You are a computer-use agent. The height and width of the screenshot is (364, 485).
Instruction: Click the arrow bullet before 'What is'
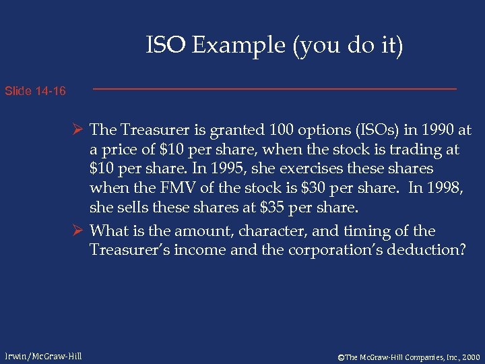pos(79,231)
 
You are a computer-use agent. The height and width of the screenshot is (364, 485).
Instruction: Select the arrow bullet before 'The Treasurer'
pos(79,129)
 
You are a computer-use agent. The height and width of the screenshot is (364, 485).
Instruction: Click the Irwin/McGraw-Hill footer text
pos(43,355)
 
